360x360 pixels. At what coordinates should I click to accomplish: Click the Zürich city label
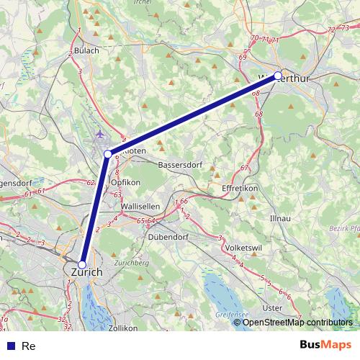click(86, 273)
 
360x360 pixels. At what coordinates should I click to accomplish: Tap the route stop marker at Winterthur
click(278, 76)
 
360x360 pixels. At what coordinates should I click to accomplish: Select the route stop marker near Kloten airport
click(108, 153)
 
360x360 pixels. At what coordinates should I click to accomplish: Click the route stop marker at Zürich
click(82, 264)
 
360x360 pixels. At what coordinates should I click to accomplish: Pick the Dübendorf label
click(167, 236)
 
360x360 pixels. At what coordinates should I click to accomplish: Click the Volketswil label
click(243, 248)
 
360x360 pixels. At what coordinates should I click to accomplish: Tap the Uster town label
click(273, 307)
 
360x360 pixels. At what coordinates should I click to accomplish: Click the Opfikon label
click(125, 183)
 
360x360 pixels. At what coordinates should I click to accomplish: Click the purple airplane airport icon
click(99, 133)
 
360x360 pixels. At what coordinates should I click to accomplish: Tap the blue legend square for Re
click(10, 346)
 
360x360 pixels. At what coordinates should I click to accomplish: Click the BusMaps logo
click(325, 345)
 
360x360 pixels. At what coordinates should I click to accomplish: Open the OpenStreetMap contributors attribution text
click(297, 322)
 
